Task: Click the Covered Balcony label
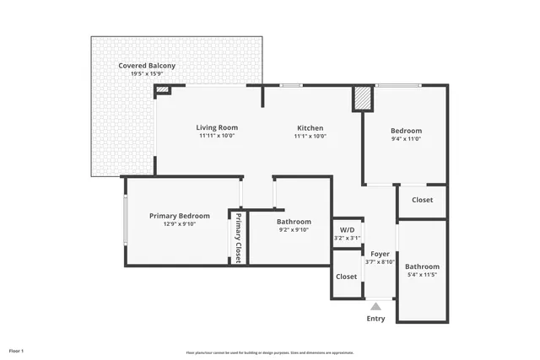point(148,65)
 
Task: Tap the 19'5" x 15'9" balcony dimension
point(148,73)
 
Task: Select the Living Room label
point(217,127)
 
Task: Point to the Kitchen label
point(310,127)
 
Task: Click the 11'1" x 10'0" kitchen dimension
point(310,136)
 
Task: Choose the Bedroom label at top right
point(406,130)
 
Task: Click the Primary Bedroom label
point(179,216)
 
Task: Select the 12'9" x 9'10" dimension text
point(179,224)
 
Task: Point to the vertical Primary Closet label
point(238,239)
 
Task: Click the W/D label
point(347,230)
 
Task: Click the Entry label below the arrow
point(375,319)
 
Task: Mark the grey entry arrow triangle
point(375,306)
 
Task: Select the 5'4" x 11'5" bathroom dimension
point(423,275)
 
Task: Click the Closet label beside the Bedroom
point(422,200)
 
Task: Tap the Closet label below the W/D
point(346,277)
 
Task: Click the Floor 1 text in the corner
point(17,350)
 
